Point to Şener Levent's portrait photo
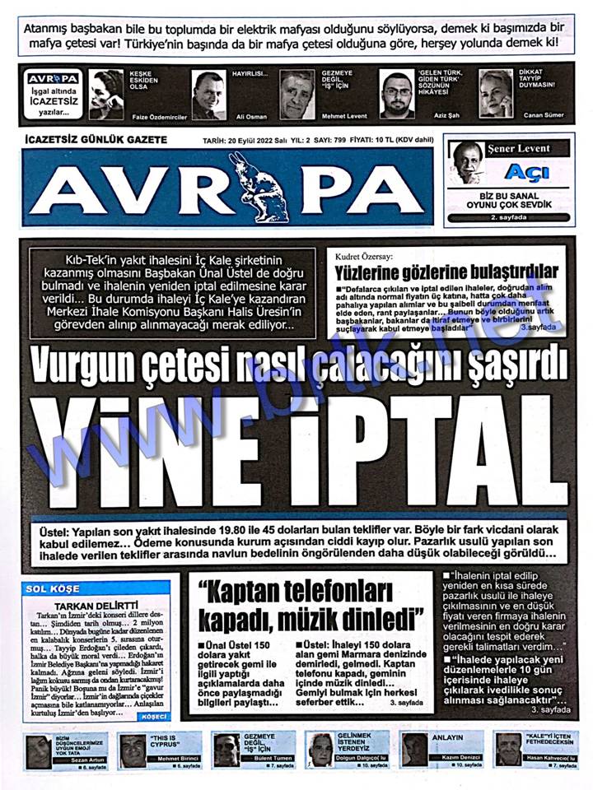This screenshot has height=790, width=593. click(468, 162)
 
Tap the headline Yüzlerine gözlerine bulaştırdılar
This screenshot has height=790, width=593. click(446, 272)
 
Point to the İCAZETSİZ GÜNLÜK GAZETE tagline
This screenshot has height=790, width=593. click(97, 140)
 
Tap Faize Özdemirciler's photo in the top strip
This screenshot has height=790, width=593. click(107, 94)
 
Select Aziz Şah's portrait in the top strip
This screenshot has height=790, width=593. click(397, 94)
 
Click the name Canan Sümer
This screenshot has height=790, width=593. click(544, 115)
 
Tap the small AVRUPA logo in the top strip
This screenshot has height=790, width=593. click(52, 79)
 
